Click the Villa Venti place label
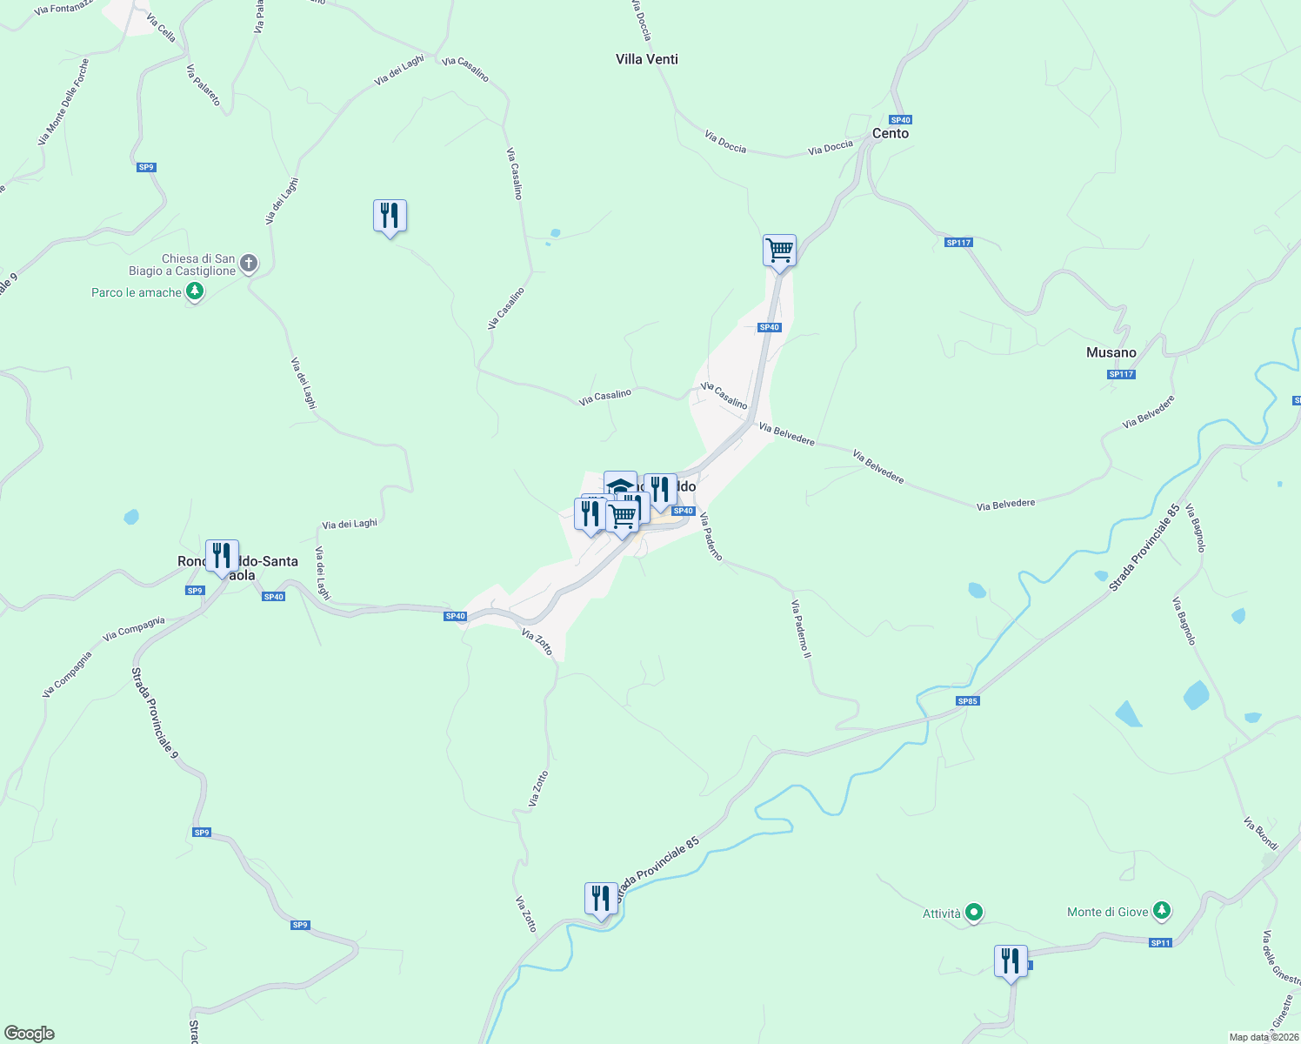coord(646,59)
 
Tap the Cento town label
coord(890,133)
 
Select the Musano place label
coord(1111,352)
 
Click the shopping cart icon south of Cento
coord(779,251)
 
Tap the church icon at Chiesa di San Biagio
coord(249,264)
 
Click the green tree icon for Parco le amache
coord(195,291)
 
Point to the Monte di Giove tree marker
coord(1162,912)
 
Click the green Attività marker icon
coord(974,913)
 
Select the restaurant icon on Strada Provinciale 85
coord(601,898)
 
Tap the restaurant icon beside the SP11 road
coord(1010,960)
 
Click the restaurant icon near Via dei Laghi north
coord(390,215)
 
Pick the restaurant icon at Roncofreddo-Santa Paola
coord(222,555)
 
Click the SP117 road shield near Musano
coord(1121,374)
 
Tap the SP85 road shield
coord(967,700)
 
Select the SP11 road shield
coord(1160,942)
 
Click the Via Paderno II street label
coord(801,627)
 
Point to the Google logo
coord(30,1034)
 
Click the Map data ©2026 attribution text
coord(1263,1037)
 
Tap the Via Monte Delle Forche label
coord(63,103)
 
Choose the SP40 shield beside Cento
coord(900,120)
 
